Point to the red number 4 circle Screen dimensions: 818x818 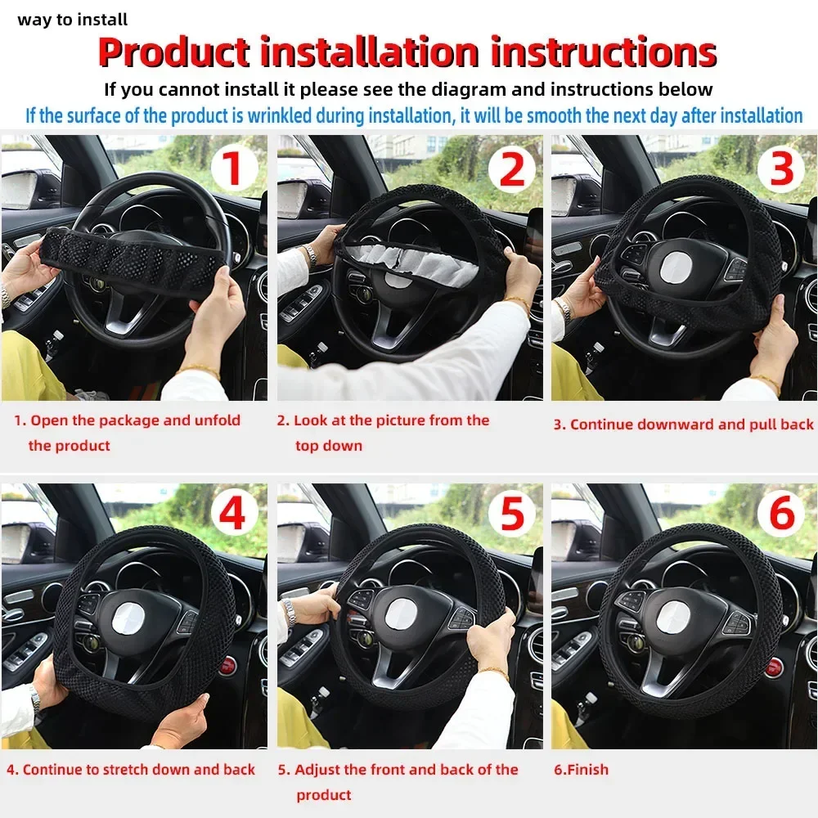[x=233, y=516]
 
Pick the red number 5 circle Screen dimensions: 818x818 [x=511, y=516]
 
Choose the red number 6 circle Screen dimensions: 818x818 [x=781, y=516]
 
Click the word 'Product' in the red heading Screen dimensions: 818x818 [x=173, y=52]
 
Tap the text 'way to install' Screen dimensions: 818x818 [x=73, y=20]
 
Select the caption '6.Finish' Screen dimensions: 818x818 [x=581, y=770]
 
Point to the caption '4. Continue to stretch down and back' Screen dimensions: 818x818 [x=131, y=770]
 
